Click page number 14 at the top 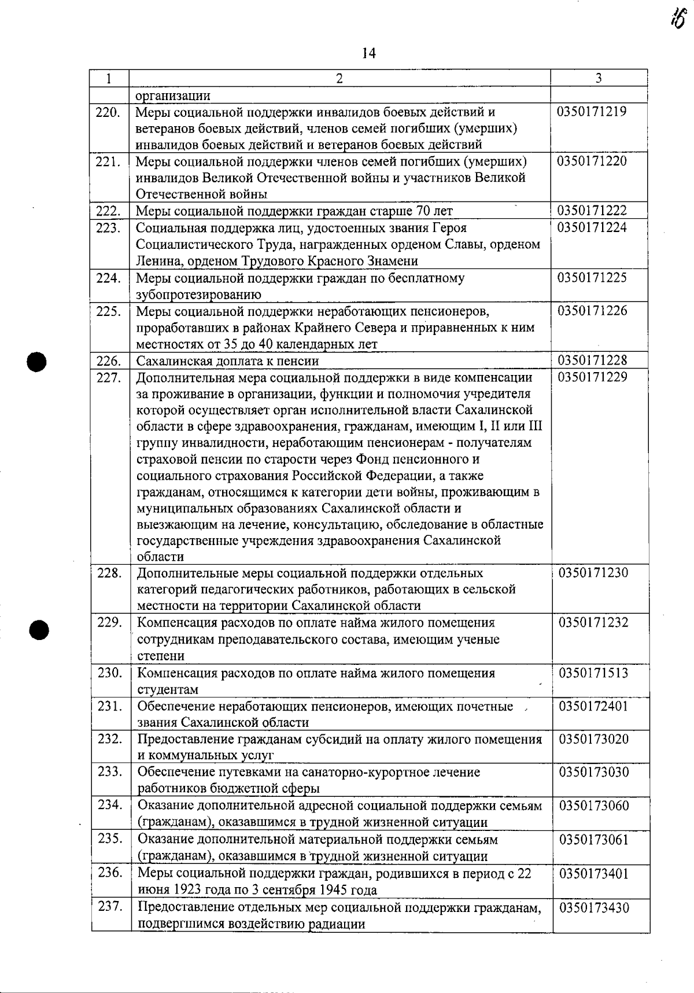(x=368, y=54)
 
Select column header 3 (x=599, y=78)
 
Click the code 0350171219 (x=592, y=112)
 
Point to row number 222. (x=109, y=211)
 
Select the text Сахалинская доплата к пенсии (x=227, y=361)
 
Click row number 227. (x=109, y=378)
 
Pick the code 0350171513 (x=593, y=673)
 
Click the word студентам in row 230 (x=168, y=690)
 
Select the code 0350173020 (x=593, y=739)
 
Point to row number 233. (x=110, y=772)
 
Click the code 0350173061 (x=593, y=839)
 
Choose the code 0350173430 (x=593, y=907)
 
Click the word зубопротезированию (x=198, y=295)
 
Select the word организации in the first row (x=173, y=95)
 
